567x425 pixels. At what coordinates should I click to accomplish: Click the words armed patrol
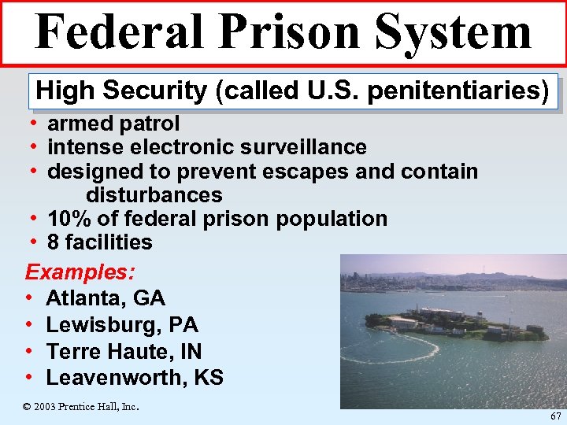click(113, 124)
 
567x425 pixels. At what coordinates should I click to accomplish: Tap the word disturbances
click(154, 194)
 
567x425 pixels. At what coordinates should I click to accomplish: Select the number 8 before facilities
click(53, 242)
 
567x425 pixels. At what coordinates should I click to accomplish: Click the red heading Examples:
click(80, 272)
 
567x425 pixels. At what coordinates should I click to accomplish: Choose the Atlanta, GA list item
click(106, 298)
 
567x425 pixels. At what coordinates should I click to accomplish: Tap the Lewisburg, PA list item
click(122, 325)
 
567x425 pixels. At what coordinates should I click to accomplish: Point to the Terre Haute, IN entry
click(124, 351)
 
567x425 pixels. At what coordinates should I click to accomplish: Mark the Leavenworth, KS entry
click(135, 378)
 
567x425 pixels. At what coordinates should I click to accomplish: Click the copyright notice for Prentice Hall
click(80, 406)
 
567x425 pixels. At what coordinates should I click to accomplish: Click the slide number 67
click(556, 415)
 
